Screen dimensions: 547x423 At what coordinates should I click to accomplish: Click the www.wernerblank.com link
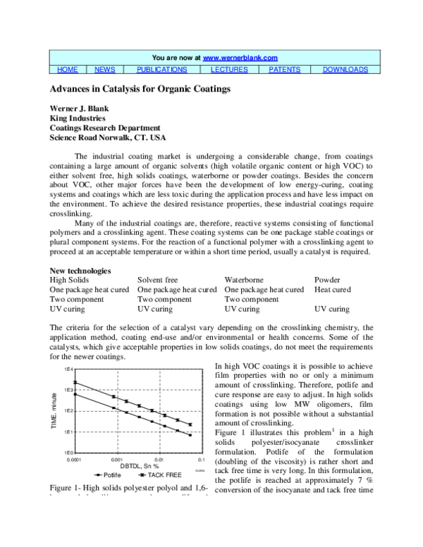click(x=240, y=58)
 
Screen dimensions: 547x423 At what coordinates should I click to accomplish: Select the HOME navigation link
click(x=67, y=70)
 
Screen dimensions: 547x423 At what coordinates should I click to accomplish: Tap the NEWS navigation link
click(x=105, y=70)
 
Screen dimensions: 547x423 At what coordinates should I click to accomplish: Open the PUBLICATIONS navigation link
click(x=161, y=70)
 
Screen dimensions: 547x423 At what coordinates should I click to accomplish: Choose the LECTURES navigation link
click(x=228, y=70)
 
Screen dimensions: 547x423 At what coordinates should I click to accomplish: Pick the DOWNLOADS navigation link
click(x=345, y=70)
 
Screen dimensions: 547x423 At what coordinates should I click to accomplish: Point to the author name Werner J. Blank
click(x=82, y=109)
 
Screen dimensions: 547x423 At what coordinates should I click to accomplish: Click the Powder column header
click(x=327, y=280)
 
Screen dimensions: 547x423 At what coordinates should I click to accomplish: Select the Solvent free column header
click(x=158, y=280)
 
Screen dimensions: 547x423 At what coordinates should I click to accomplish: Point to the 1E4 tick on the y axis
click(x=68, y=369)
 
